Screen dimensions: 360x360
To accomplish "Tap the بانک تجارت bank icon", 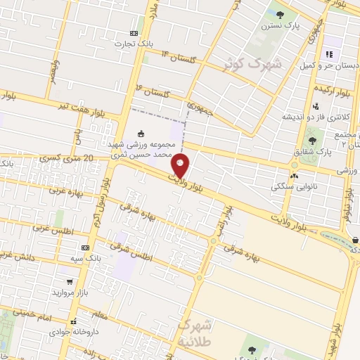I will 134,33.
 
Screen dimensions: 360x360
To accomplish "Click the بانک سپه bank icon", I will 86,247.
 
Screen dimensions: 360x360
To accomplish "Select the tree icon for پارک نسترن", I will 281,15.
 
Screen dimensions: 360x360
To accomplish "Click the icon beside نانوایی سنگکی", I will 294,176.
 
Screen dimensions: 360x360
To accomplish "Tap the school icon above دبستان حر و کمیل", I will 328,54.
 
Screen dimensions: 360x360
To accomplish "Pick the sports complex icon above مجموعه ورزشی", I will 141,134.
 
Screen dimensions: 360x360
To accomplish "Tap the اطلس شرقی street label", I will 133,252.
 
